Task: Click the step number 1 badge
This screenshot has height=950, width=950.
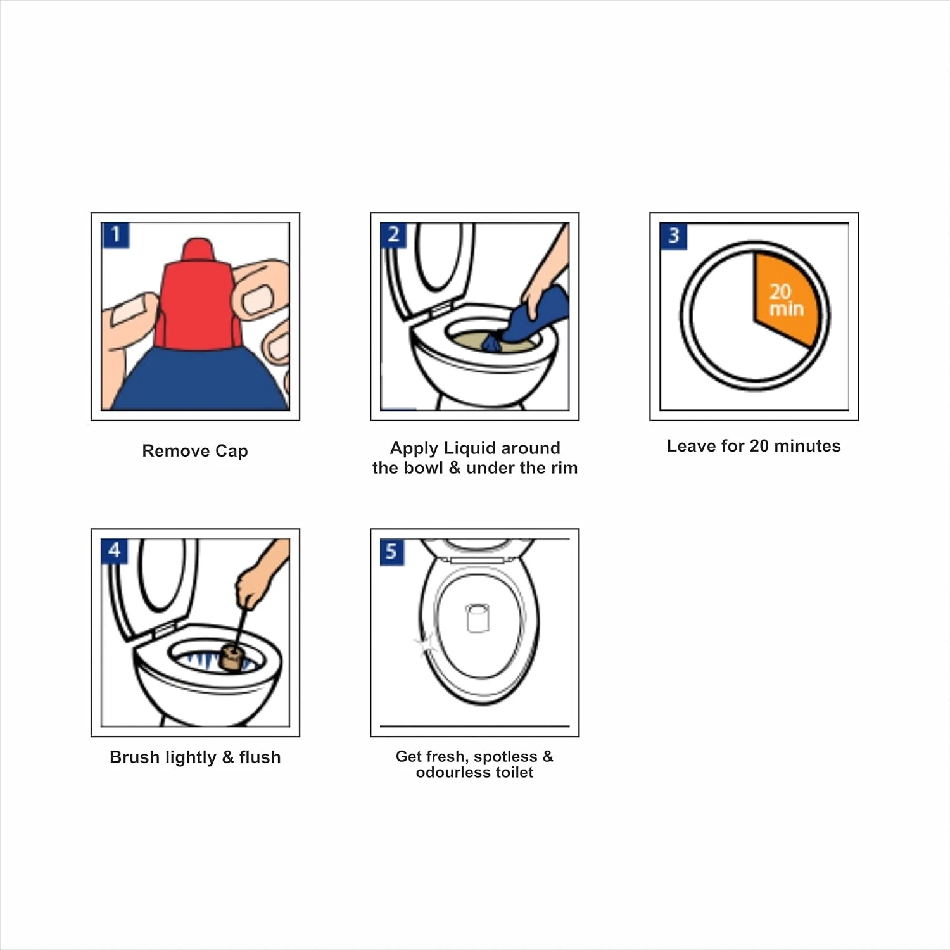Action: coord(115,235)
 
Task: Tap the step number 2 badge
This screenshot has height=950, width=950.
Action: coord(393,235)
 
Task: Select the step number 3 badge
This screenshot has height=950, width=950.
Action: coord(673,236)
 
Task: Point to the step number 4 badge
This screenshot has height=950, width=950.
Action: coord(114,551)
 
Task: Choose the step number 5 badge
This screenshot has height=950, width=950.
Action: coord(391,552)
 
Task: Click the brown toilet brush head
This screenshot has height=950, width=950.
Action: coord(232,658)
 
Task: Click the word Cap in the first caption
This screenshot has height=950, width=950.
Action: coord(232,452)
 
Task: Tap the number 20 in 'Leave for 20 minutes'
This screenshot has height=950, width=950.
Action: coord(759,446)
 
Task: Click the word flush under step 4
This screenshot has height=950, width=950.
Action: coord(260,757)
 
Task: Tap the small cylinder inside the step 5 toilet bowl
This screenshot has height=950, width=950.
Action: coord(477,618)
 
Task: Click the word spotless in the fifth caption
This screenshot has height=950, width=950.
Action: coord(505,757)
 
